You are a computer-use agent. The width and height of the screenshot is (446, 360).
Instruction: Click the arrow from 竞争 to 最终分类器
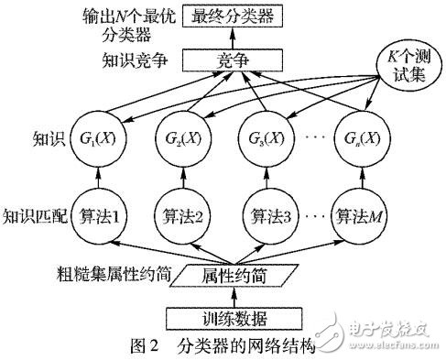coord(233,39)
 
